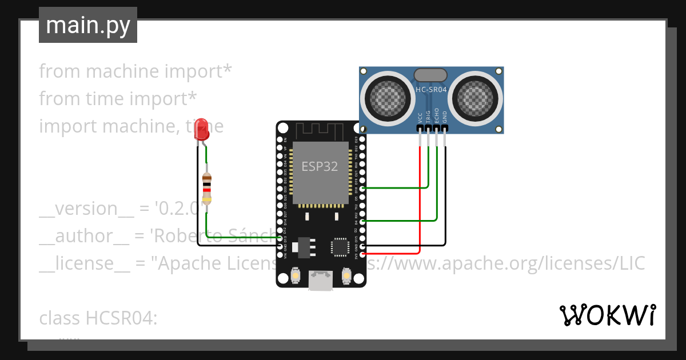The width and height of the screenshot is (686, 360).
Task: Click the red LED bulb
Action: (202, 133)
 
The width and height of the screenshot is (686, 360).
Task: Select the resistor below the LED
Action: (207, 189)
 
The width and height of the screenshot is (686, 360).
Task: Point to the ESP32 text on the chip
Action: (320, 167)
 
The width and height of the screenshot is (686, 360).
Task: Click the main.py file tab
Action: (88, 25)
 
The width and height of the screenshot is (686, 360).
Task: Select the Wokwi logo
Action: (607, 315)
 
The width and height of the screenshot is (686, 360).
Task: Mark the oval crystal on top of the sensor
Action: (430, 74)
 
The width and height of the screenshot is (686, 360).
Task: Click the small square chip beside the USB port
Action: (338, 247)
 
